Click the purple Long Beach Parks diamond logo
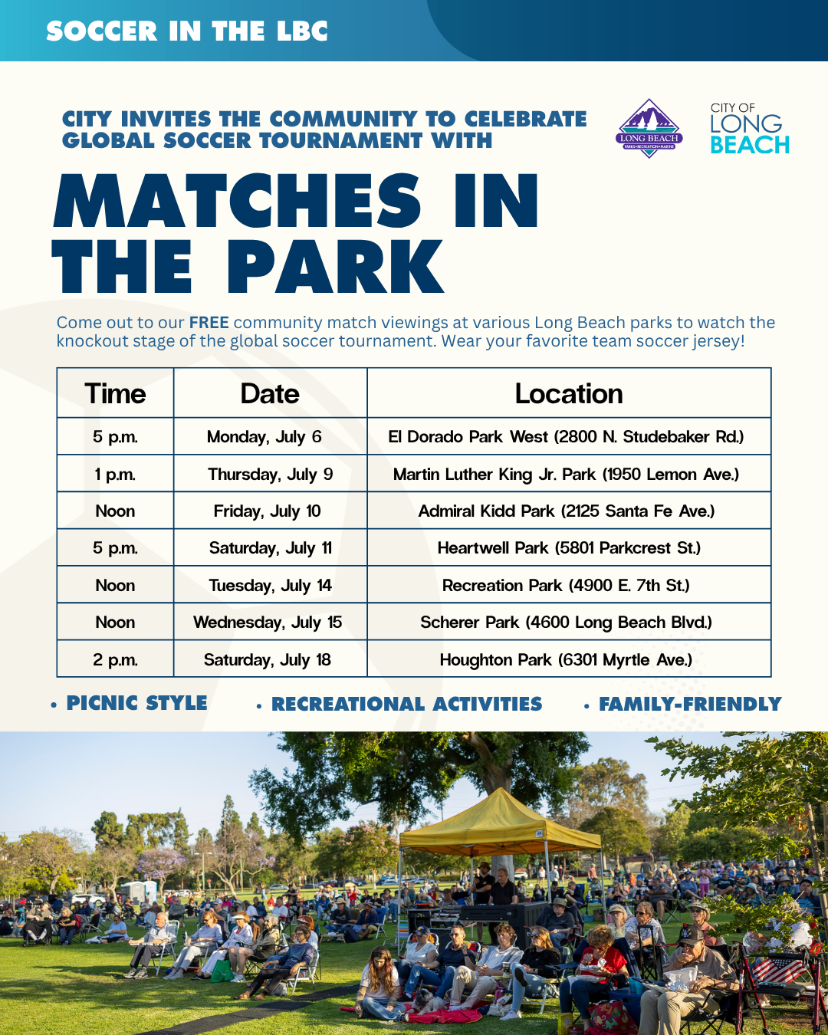(649, 128)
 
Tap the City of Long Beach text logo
(750, 128)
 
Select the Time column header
(115, 393)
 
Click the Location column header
(569, 393)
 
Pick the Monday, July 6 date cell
(270, 436)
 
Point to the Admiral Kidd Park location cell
(569, 511)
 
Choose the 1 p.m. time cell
(115, 475)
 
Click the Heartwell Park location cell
(569, 548)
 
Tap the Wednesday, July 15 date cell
(270, 623)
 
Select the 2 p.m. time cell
(115, 659)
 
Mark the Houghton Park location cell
(569, 659)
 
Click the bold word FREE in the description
(209, 322)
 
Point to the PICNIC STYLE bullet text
(136, 703)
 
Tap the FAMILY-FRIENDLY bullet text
(690, 704)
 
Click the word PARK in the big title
(335, 267)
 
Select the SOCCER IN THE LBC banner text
(187, 31)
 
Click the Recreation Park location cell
(569, 585)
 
